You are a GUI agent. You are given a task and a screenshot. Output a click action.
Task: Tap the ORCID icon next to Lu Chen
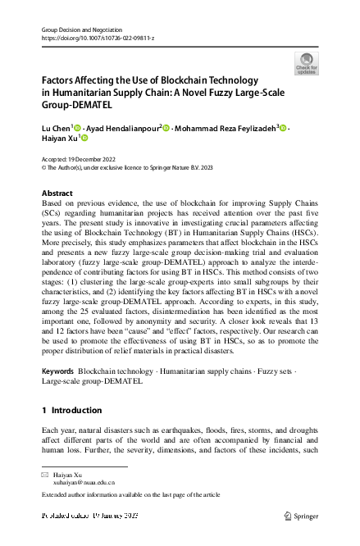77,128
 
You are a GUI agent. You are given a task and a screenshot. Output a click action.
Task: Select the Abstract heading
57,193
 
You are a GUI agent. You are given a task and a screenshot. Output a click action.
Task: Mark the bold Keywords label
57,371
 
